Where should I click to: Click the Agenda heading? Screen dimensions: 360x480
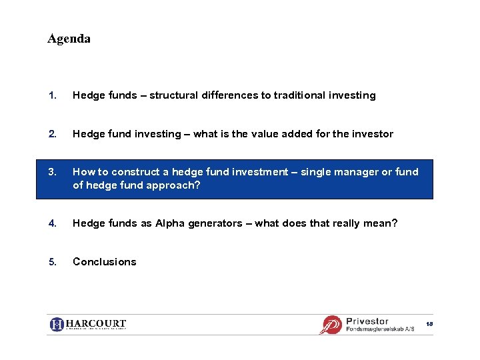pyautogui.click(x=69, y=39)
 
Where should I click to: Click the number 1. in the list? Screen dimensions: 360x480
pyautogui.click(x=51, y=95)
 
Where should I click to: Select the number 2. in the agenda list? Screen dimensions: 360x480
pyautogui.click(x=51, y=134)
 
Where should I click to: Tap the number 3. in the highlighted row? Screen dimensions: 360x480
pyautogui.click(x=51, y=172)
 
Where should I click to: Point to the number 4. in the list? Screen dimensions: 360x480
pyautogui.click(x=51, y=223)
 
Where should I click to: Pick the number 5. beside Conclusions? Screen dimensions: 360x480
pyautogui.click(x=51, y=262)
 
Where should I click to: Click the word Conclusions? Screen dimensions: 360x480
pyautogui.click(x=104, y=262)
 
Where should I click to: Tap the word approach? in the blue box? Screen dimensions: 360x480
pyautogui.click(x=175, y=185)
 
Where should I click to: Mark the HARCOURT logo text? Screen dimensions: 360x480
pyautogui.click(x=95, y=324)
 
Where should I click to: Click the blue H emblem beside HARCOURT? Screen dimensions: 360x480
pyautogui.click(x=57, y=325)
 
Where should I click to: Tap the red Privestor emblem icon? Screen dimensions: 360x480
pyautogui.click(x=331, y=325)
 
